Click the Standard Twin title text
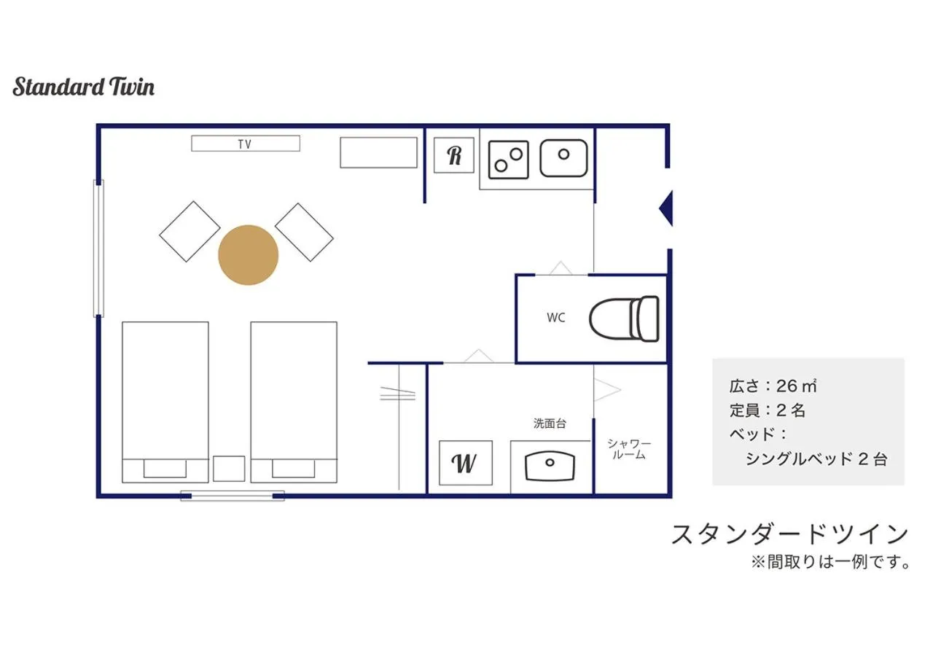pyautogui.click(x=84, y=87)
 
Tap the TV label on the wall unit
pyautogui.click(x=244, y=144)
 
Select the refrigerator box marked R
pyautogui.click(x=454, y=155)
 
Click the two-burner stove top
pyautogui.click(x=508, y=159)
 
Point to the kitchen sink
pyautogui.click(x=563, y=158)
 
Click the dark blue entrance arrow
pyautogui.click(x=665, y=209)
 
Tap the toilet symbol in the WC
pyautogui.click(x=625, y=318)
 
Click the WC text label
pyautogui.click(x=556, y=318)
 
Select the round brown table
pyautogui.click(x=249, y=255)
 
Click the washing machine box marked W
pyautogui.click(x=465, y=463)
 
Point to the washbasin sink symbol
pyautogui.click(x=550, y=464)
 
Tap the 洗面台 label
pyautogui.click(x=550, y=423)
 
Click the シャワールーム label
pyautogui.click(x=630, y=449)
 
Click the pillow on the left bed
pyautogui.click(x=165, y=468)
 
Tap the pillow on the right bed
pyautogui.click(x=294, y=468)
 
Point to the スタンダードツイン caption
pyautogui.click(x=789, y=534)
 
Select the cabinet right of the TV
pyautogui.click(x=378, y=152)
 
